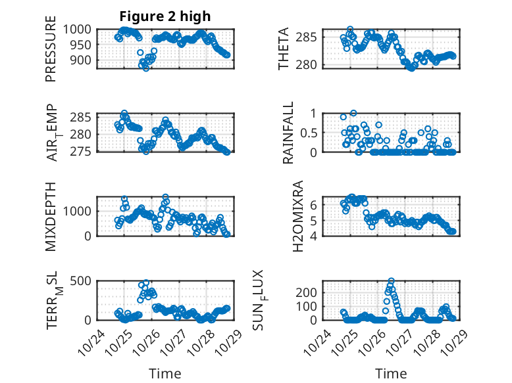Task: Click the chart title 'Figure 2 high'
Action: pos(165,16)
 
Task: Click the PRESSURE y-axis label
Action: pos(51,54)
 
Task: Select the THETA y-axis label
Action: pos(284,49)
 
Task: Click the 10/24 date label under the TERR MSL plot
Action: pos(87,342)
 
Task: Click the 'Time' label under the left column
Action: pos(165,373)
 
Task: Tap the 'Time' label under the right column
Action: pos(391,373)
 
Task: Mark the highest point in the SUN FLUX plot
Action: pos(391,281)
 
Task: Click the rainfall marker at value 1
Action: pos(353,113)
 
